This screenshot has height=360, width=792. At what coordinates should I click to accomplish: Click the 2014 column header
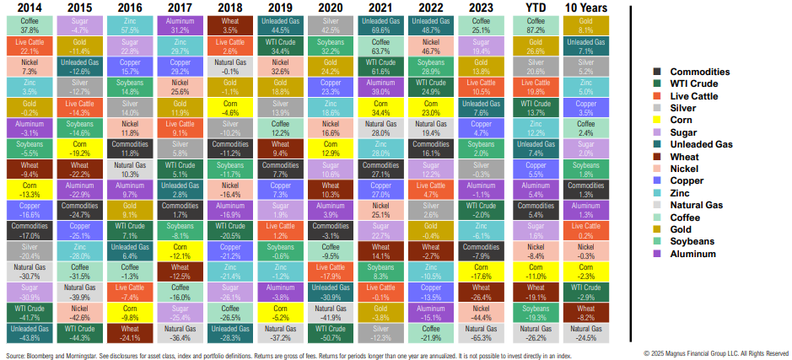tap(26, 8)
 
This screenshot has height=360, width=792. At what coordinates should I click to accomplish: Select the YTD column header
tap(536, 8)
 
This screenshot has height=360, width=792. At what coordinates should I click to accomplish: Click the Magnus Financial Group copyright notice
tap(716, 353)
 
